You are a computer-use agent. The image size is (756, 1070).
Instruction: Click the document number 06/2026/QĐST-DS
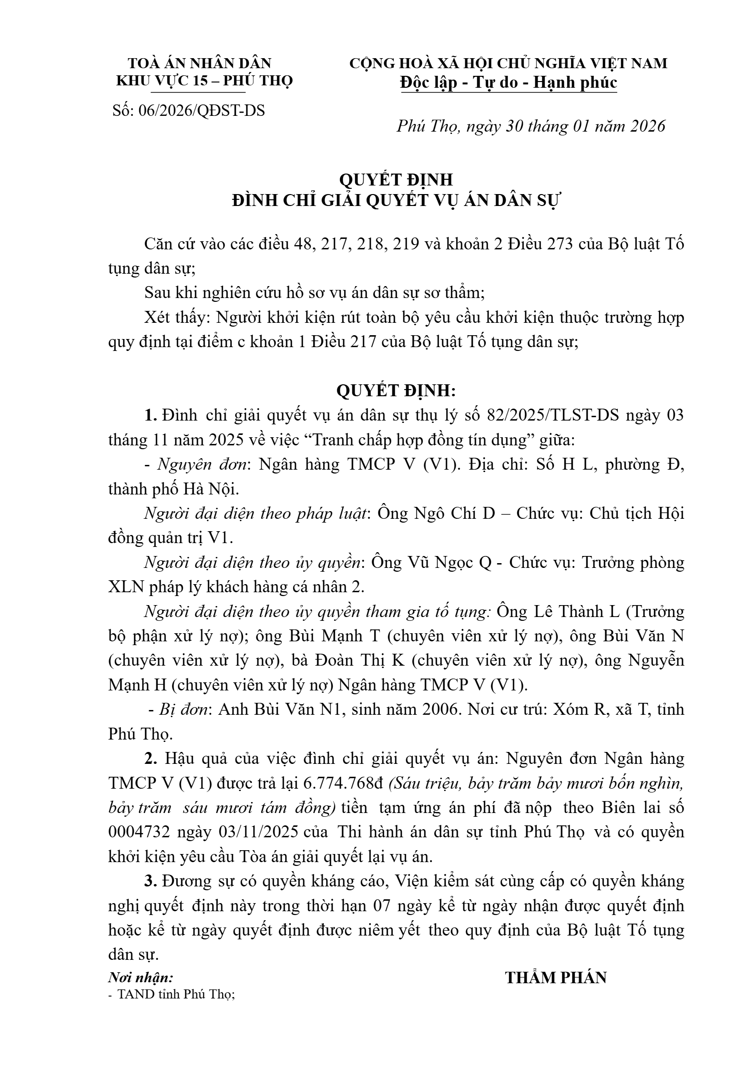coord(202,111)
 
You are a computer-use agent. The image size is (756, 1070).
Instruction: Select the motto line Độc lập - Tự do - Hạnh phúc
coord(509,82)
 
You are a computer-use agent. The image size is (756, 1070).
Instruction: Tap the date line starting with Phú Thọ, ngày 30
coord(531,126)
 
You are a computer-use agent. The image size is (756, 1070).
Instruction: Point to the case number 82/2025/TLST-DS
coord(553,415)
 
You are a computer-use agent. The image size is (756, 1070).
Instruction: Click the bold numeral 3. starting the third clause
coord(151,881)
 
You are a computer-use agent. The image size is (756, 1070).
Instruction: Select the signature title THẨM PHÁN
coord(556,977)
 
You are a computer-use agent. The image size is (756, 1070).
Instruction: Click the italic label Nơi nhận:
coord(141,978)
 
